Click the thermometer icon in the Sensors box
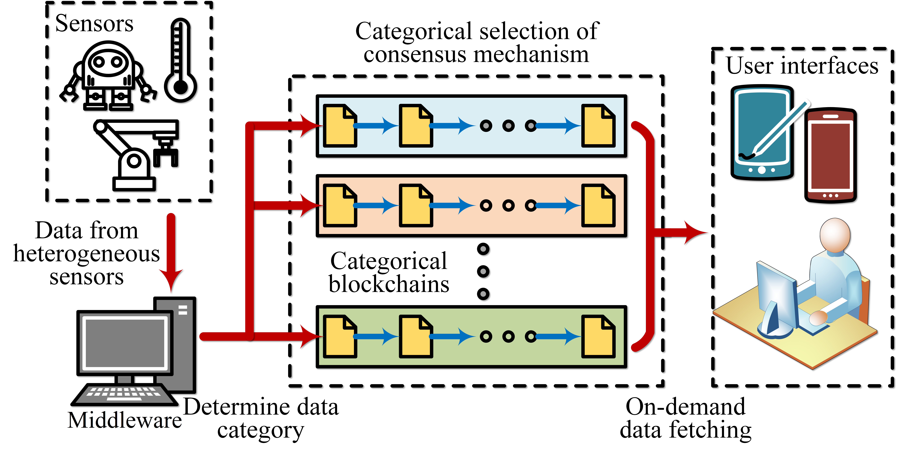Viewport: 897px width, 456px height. (x=180, y=61)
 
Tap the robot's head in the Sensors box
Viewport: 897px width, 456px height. (x=108, y=61)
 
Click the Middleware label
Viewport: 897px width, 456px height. (x=125, y=420)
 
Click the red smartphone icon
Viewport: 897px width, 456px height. (x=831, y=155)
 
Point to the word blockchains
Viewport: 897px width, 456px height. (x=389, y=284)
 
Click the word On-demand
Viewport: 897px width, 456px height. (x=685, y=407)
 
